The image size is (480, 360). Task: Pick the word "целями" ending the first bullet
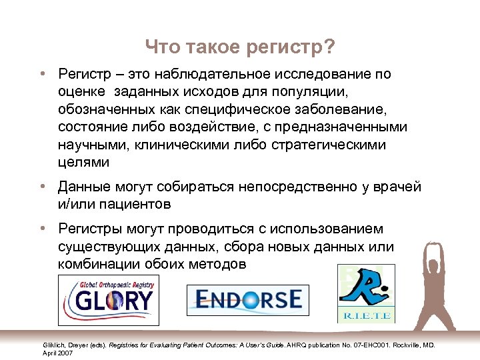83,162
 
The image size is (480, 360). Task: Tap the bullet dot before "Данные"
42,187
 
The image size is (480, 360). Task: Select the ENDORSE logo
244,299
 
